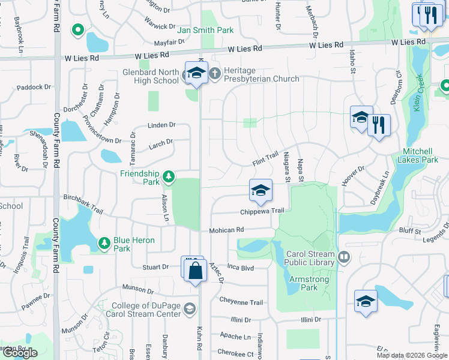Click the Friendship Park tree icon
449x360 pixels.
(169, 176)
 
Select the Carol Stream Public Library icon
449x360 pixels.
(344, 257)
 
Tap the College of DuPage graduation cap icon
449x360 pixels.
(190, 308)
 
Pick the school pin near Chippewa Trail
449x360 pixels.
(261, 191)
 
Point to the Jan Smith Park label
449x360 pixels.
(206, 30)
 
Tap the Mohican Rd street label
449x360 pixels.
(226, 230)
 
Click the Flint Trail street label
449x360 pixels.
(265, 159)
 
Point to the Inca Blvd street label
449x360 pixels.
(241, 268)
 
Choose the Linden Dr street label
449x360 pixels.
(161, 125)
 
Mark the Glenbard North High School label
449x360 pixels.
(150, 77)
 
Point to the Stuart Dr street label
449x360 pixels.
(156, 267)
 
